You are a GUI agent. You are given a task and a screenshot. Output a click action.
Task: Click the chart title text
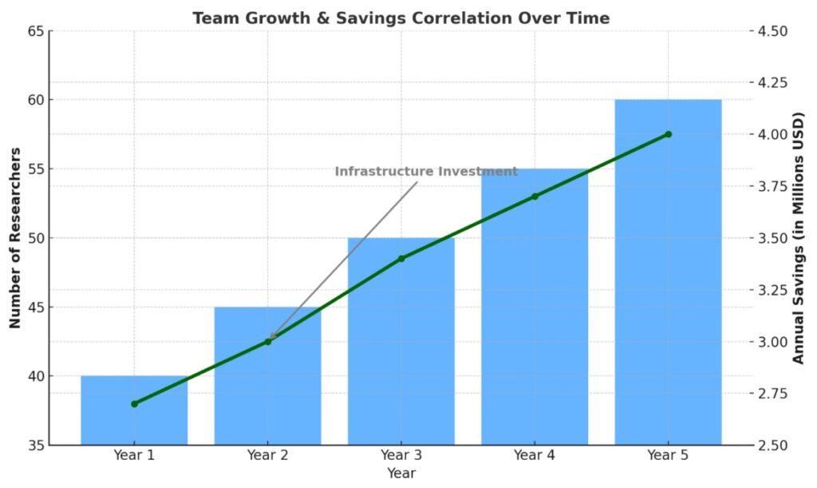(401, 18)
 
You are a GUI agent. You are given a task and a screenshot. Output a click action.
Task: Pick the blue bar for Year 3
(401, 351)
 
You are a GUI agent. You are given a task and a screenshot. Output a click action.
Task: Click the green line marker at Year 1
(134, 403)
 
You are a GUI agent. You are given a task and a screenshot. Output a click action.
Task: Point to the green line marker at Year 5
(668, 134)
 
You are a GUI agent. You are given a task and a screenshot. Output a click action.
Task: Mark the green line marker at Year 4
(535, 196)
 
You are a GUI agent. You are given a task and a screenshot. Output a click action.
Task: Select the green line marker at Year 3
(401, 259)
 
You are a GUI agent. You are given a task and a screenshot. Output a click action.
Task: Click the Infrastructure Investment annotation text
(426, 172)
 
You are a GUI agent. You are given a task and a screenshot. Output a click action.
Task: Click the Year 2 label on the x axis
(267, 456)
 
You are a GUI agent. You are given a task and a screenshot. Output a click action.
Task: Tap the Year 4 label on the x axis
(535, 456)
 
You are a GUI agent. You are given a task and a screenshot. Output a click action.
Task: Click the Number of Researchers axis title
(15, 238)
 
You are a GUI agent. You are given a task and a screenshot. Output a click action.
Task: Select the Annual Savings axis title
(799, 238)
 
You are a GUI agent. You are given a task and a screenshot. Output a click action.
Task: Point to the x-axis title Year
(401, 474)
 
